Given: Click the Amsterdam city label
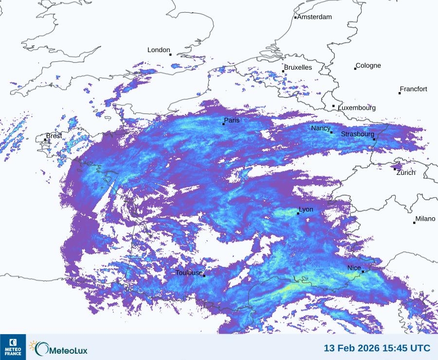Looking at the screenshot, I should (314, 17).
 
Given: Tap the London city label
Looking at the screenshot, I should (159, 50).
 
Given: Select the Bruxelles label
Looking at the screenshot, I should (298, 68).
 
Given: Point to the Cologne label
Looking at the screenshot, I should (368, 66).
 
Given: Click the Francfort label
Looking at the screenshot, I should (413, 89).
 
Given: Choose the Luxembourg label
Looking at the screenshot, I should (357, 108).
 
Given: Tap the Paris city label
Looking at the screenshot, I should (232, 120).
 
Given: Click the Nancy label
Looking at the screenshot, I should (321, 128).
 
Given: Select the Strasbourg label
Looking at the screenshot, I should (358, 134).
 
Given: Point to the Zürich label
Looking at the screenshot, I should (406, 172).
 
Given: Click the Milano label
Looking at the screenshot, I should (425, 219).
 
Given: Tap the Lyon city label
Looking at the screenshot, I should (306, 210).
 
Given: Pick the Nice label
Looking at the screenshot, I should (354, 268).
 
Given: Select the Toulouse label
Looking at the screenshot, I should (189, 273).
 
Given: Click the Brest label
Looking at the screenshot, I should (54, 136).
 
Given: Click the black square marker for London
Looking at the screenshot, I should (170, 55).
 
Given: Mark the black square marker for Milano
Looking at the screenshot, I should (414, 223).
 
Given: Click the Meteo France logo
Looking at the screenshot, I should (13, 347).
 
